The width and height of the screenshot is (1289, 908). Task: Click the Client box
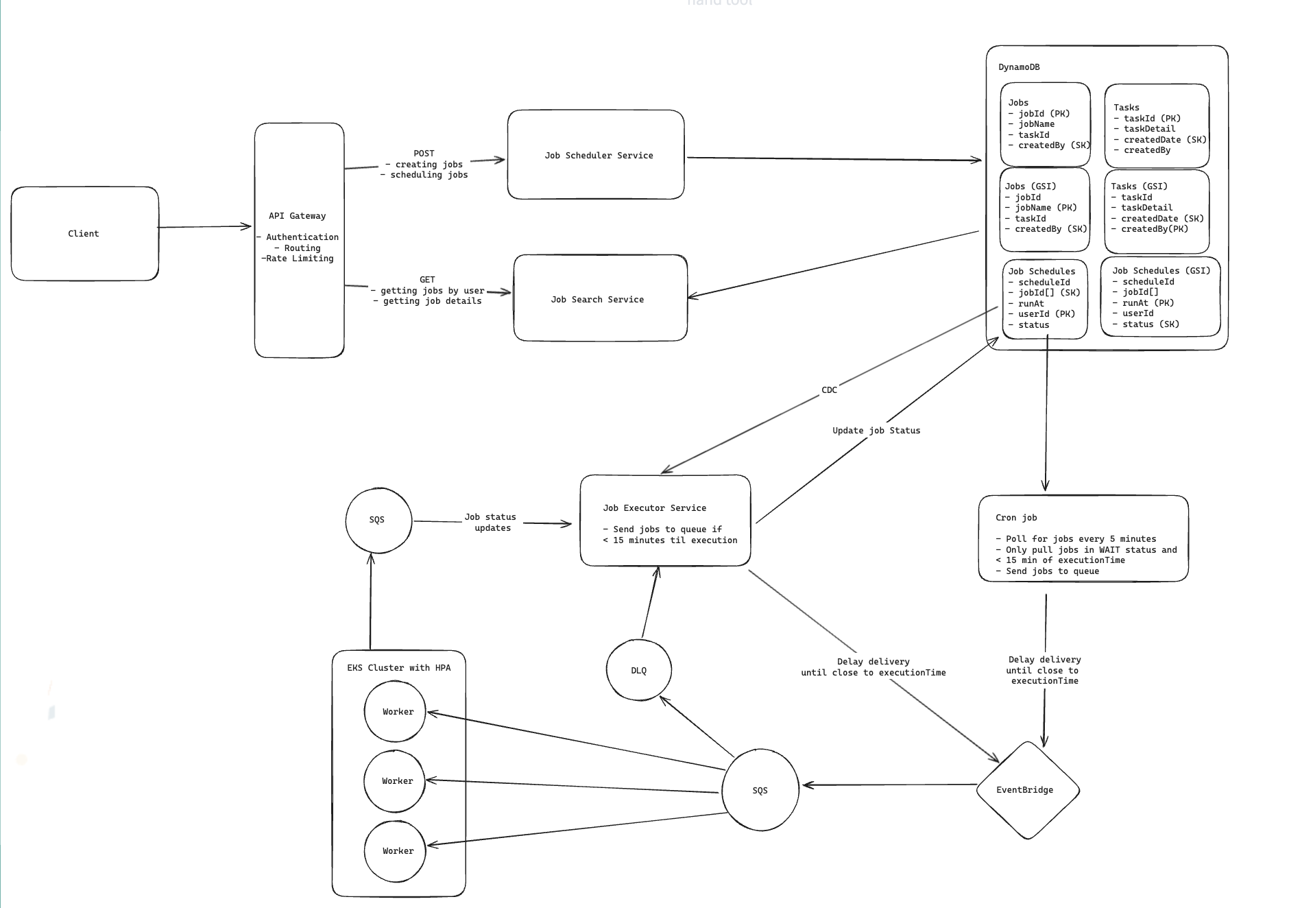(x=84, y=234)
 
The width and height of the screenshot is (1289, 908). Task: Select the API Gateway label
(x=297, y=216)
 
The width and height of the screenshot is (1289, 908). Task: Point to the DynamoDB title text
(x=1019, y=67)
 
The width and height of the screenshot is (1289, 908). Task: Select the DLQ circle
(x=638, y=671)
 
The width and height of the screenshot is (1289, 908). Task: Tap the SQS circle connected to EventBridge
(x=760, y=791)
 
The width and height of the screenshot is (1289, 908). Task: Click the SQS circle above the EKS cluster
(x=377, y=520)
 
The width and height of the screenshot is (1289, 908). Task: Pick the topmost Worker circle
(x=397, y=712)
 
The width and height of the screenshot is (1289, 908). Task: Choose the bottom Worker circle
(x=397, y=851)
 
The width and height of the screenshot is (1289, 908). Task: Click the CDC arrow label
(x=829, y=390)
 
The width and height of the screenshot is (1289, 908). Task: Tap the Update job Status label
(x=876, y=431)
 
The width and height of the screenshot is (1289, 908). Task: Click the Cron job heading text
(x=1016, y=518)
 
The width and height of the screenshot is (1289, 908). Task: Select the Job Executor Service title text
(x=654, y=508)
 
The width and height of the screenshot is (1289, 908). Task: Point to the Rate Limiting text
(x=299, y=259)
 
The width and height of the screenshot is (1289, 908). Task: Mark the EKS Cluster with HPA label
(x=398, y=668)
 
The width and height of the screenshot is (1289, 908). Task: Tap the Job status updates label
(x=491, y=523)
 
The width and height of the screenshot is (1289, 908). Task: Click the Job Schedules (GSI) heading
(x=1161, y=271)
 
